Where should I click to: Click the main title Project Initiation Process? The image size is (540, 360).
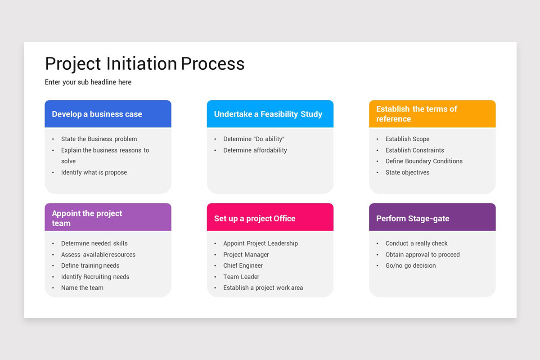click(144, 64)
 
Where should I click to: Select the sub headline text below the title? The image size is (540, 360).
click(88, 82)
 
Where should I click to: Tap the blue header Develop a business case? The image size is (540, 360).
click(97, 114)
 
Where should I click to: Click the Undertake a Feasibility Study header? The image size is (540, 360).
click(268, 114)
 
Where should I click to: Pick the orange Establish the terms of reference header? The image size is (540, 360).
click(417, 114)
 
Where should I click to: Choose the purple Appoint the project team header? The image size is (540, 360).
click(87, 218)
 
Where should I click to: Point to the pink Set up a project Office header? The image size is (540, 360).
click(255, 219)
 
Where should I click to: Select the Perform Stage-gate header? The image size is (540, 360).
click(413, 219)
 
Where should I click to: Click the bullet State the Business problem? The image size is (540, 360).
click(99, 139)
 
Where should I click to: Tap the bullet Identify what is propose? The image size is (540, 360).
click(94, 172)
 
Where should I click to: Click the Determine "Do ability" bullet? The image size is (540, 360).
click(254, 139)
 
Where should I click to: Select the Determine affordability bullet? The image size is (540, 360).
click(255, 150)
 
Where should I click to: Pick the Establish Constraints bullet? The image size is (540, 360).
click(414, 150)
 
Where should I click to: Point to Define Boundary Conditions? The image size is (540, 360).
click(424, 161)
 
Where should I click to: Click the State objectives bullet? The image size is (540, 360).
click(407, 172)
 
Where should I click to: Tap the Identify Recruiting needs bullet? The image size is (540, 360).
click(95, 277)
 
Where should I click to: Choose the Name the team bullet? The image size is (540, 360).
click(82, 288)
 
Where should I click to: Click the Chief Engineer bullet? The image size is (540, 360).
click(243, 265)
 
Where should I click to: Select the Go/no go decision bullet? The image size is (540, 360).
click(410, 265)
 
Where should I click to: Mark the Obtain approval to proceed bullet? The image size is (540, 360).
click(423, 255)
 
